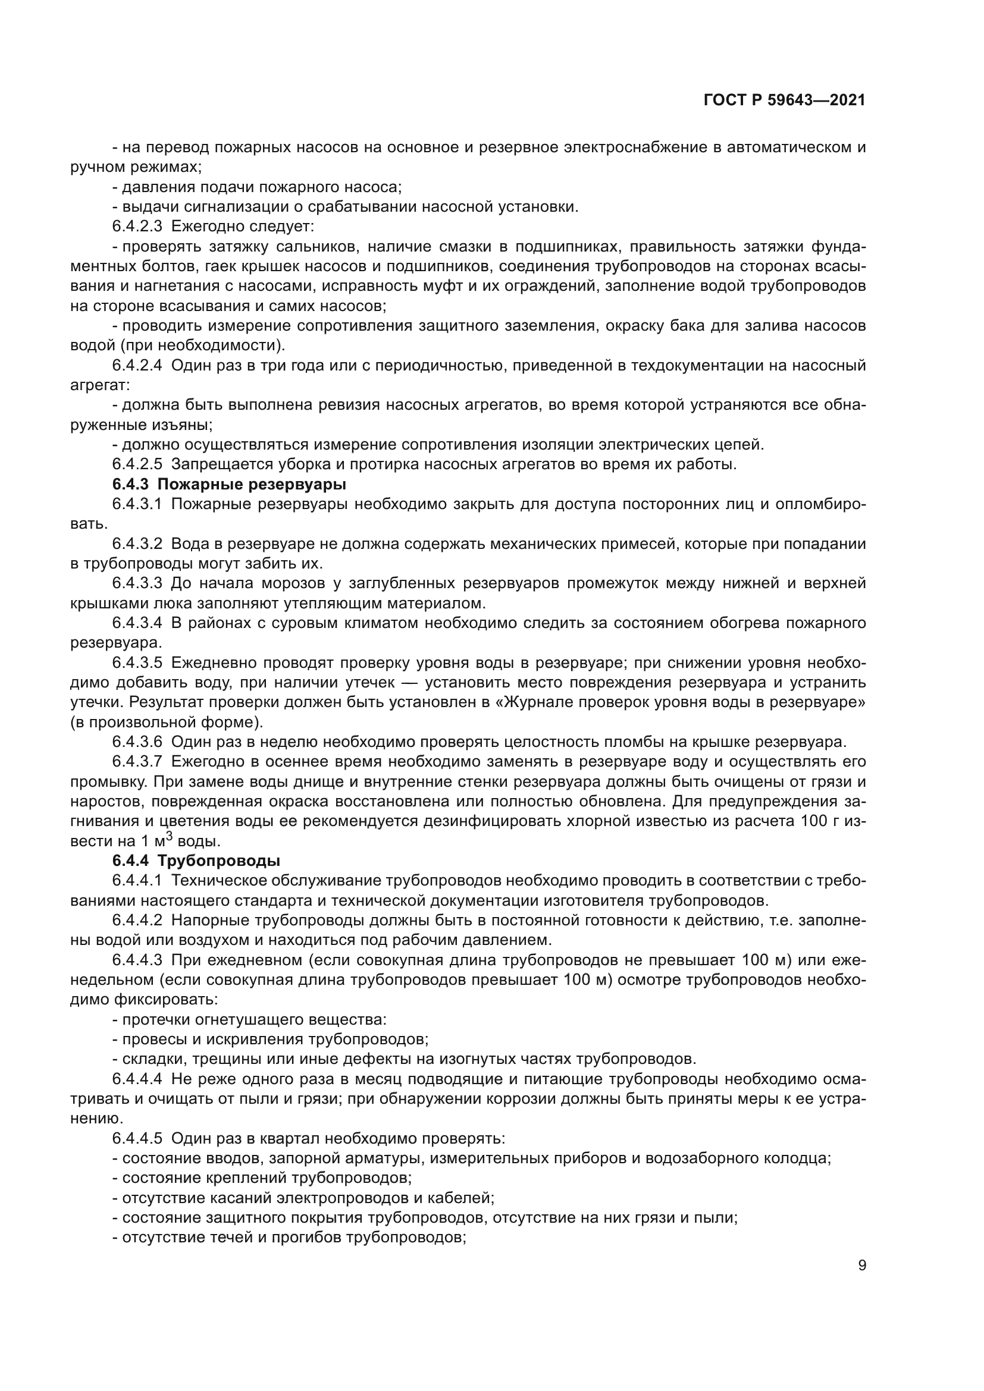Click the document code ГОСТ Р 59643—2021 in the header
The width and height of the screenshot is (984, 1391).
point(784,101)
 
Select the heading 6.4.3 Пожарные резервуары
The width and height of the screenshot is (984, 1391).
point(229,485)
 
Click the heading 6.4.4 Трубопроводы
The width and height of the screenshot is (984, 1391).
point(196,861)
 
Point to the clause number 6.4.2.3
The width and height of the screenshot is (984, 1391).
point(137,227)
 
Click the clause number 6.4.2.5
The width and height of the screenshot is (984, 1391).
point(137,464)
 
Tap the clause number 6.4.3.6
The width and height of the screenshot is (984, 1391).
point(137,742)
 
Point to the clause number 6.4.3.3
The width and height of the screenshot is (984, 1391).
point(137,583)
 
